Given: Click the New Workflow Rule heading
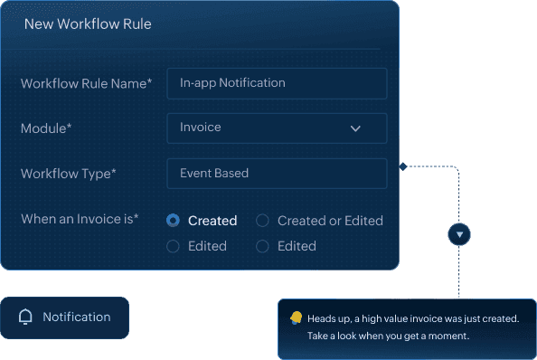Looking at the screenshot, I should pos(87,24).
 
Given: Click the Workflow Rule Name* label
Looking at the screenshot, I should pos(86,83).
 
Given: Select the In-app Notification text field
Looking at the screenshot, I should pos(277,83).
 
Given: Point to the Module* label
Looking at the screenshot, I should pos(46,128).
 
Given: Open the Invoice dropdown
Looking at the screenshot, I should pos(277,128).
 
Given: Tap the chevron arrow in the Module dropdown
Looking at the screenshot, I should pos(355,128).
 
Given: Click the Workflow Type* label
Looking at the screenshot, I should pos(69,174).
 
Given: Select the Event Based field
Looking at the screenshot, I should pos(277,174).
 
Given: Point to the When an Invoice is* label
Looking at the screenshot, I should pos(80,219).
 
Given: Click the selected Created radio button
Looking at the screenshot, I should pos(174,221).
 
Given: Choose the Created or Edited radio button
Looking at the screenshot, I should pos(263,221).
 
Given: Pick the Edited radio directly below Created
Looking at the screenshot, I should pos(174,246).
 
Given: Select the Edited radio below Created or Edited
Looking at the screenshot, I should pos(263,246).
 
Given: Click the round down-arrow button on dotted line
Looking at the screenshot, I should pos(459,235).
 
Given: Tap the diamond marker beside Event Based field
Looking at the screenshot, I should pos(402,166).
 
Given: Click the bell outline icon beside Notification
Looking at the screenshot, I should pos(25,317).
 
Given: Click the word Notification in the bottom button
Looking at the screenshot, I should pos(77,317).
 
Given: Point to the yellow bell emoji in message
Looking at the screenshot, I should pos(296,317).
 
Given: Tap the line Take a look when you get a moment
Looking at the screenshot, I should pos(389,336).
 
